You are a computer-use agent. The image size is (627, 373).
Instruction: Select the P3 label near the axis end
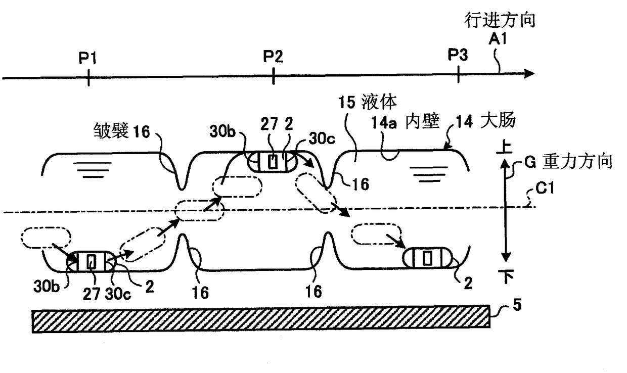[x=458, y=56]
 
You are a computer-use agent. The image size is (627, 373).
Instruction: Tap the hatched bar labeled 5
[x=260, y=318]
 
